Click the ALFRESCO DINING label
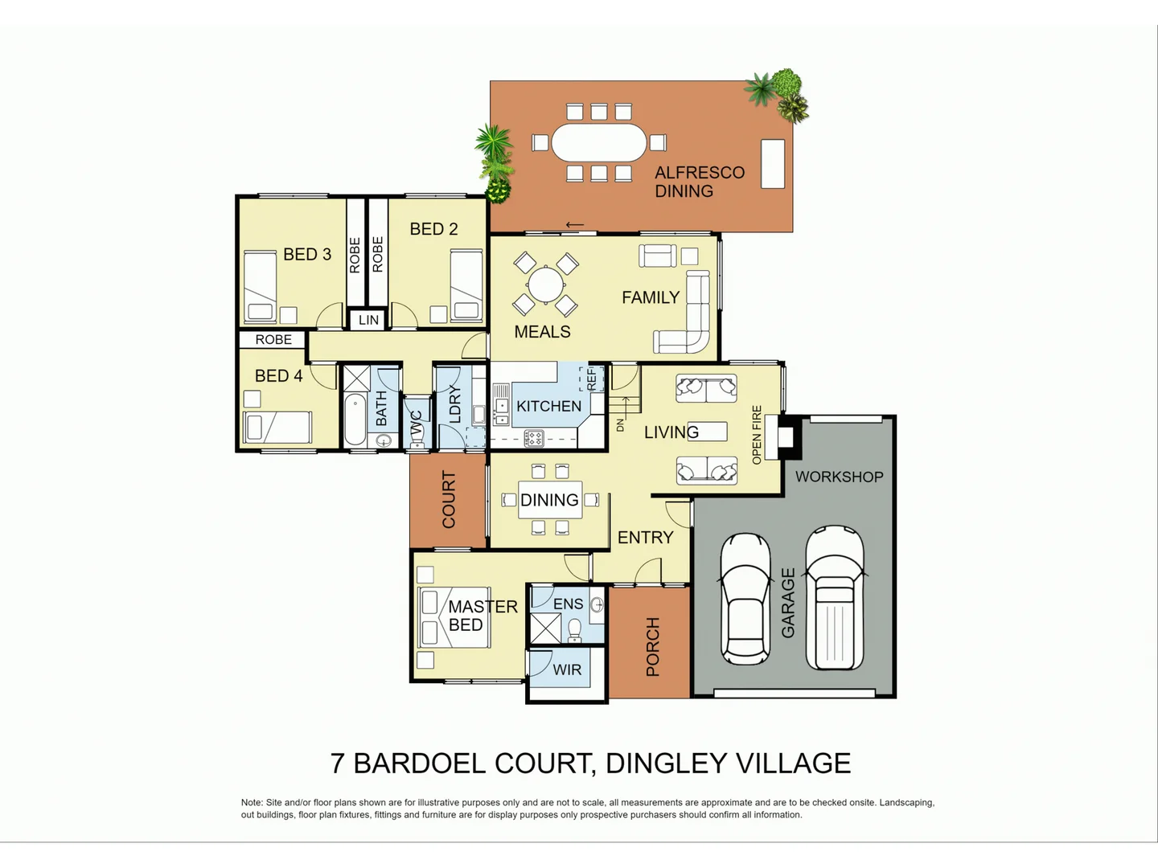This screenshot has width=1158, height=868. pyautogui.click(x=699, y=182)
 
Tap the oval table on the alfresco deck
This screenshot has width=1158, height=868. pyautogui.click(x=599, y=142)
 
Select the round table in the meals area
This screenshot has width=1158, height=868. pyautogui.click(x=545, y=285)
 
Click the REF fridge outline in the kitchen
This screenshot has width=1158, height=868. pyautogui.click(x=592, y=378)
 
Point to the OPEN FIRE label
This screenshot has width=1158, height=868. pyautogui.click(x=756, y=435)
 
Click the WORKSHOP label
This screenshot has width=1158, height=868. pyautogui.click(x=839, y=477)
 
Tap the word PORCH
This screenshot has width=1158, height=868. pyautogui.click(x=652, y=646)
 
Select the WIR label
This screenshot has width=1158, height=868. pyautogui.click(x=567, y=669)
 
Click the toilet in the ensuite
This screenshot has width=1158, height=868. pyautogui.click(x=575, y=630)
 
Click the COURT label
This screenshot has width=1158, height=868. pyautogui.click(x=449, y=500)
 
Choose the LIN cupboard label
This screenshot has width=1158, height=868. pyautogui.click(x=368, y=320)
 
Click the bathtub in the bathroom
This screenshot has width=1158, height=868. pyautogui.click(x=355, y=419)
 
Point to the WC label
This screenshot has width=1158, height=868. pyautogui.click(x=417, y=424)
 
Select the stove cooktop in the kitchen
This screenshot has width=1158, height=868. pyautogui.click(x=534, y=438)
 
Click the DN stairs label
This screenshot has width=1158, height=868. pyautogui.click(x=620, y=424)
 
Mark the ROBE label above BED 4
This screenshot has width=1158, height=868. pyautogui.click(x=273, y=340)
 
